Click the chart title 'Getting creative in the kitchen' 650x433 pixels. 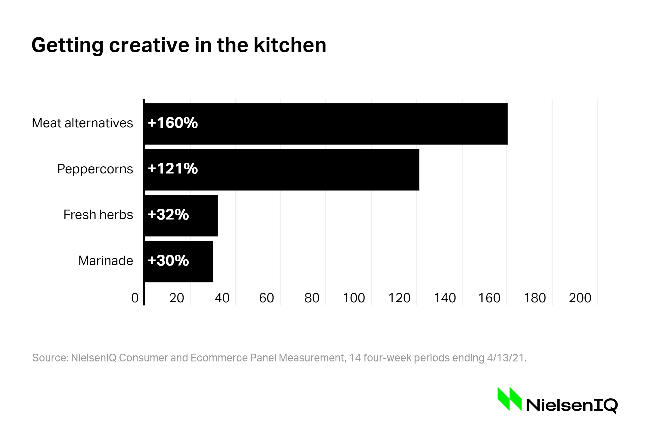179,45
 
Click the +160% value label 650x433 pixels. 173,123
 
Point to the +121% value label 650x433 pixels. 173,169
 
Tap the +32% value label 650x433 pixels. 168,215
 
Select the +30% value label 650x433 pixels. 168,260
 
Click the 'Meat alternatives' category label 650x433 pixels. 82,123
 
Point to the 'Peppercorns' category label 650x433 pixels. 95,169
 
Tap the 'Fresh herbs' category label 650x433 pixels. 98,215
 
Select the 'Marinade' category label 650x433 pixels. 106,261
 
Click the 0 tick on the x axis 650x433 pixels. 135,298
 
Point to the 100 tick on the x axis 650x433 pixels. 354,298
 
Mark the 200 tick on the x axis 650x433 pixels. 580,298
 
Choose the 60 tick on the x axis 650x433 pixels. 266,298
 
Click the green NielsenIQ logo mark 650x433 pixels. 509,399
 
